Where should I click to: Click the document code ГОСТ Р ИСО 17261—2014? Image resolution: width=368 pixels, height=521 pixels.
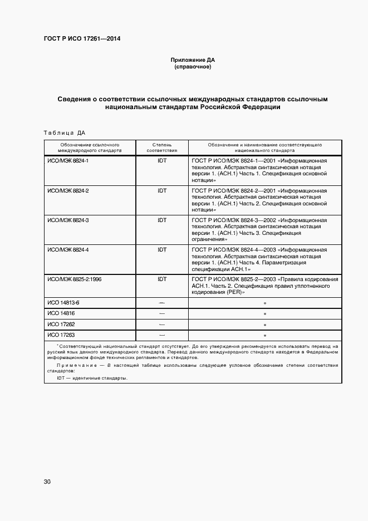pos(82,39)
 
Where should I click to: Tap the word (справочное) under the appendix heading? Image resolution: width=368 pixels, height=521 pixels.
pos(193,67)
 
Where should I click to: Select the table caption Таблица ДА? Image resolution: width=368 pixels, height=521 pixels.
pos(64,132)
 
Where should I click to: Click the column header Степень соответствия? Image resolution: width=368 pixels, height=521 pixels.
pos(162,147)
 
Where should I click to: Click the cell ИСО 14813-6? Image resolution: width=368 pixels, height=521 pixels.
pos(63,303)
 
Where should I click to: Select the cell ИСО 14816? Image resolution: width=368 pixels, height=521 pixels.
pos(61,314)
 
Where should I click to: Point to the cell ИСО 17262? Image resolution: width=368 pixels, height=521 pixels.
pos(61,325)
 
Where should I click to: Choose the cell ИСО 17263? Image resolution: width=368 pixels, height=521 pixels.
pos(61,336)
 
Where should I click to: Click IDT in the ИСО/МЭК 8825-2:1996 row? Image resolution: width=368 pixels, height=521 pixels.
pos(162,279)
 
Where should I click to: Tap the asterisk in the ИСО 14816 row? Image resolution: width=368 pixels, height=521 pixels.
pos(265,314)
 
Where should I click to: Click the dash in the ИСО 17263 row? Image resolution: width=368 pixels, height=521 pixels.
pos(162,336)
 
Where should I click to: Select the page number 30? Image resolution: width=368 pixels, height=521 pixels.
pos(47,481)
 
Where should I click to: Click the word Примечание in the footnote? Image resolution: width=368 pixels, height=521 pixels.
pos(75,365)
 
